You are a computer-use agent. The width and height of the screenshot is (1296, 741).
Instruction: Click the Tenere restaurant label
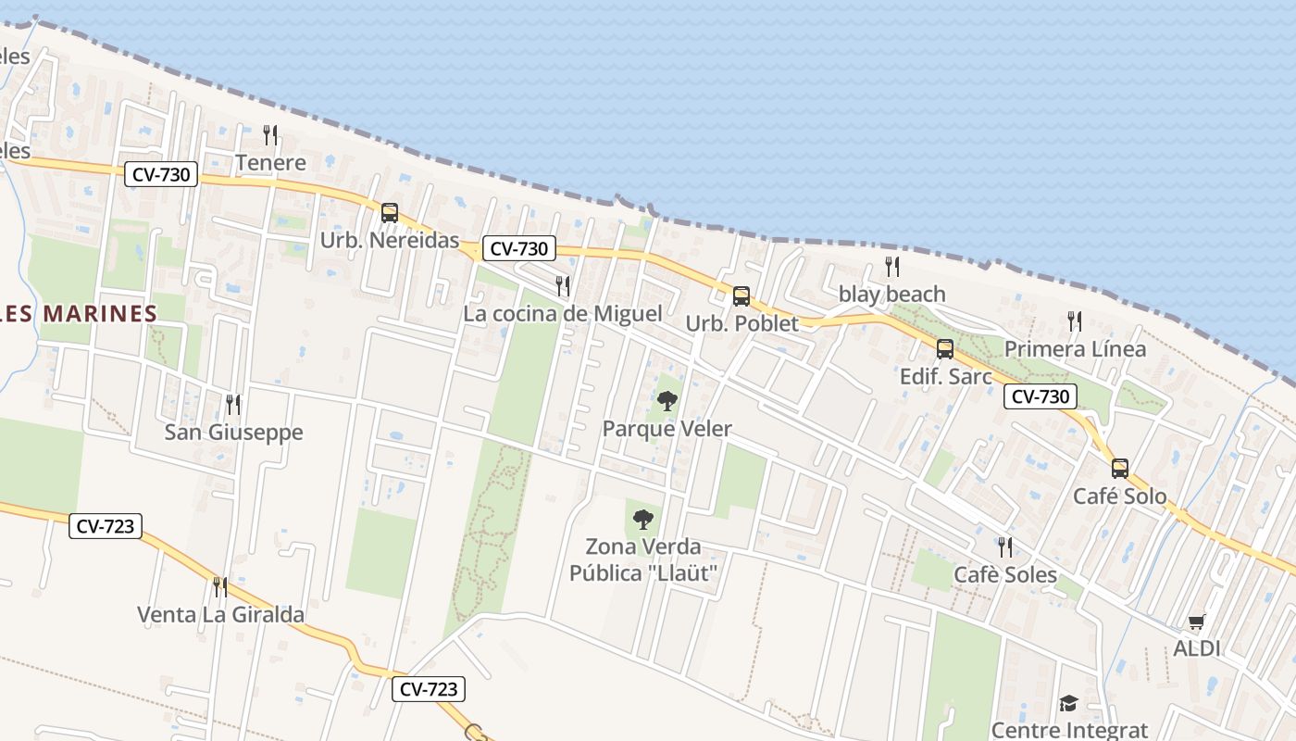coord(270,163)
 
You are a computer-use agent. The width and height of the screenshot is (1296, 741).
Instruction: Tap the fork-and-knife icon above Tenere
coord(270,135)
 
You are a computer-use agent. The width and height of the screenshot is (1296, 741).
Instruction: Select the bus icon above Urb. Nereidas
coord(390,213)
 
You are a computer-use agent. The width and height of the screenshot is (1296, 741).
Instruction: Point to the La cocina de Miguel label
coord(562,314)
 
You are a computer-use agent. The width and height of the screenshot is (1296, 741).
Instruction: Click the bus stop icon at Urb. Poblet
coord(741,296)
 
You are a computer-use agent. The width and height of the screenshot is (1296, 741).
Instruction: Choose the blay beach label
coord(891,295)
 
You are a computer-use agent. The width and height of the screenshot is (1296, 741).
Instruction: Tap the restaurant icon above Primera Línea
coord(1075,321)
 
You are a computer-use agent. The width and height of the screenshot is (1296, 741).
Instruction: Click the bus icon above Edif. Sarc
coord(945,349)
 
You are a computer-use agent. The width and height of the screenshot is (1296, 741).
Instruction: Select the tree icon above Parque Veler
coord(667,401)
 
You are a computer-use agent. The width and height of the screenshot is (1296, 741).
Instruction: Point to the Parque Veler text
coord(667,429)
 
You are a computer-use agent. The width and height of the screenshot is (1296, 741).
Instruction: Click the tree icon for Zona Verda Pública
coord(643,520)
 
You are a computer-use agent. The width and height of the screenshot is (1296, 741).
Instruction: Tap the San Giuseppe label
coord(233,433)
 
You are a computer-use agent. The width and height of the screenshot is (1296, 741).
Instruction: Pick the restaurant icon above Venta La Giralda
coord(220,586)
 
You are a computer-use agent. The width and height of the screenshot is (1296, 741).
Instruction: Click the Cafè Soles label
coord(1005,575)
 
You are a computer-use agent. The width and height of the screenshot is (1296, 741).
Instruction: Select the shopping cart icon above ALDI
coord(1197,622)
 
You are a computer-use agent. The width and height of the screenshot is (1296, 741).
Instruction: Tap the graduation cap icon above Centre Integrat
coord(1069,703)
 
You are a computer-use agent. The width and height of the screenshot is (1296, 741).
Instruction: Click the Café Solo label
coord(1119,496)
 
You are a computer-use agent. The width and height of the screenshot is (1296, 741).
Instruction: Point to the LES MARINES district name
coord(79,314)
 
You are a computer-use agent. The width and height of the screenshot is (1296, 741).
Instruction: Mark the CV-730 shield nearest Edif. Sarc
coord(1041,397)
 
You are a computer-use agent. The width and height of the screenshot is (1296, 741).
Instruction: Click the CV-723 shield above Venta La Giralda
coord(106,527)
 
